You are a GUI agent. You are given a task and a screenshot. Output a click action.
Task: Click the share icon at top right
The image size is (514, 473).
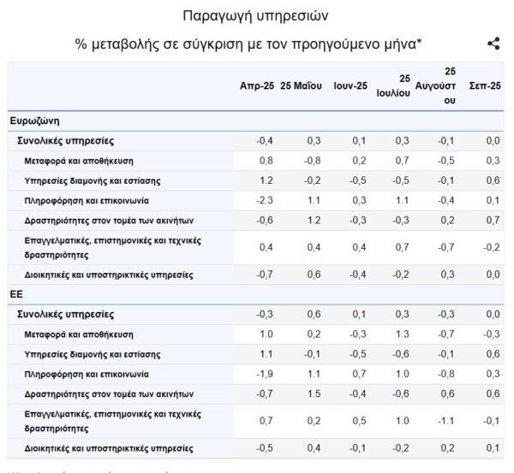click(x=493, y=44)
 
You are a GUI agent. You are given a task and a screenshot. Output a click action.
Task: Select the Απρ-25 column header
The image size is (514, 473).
click(x=257, y=86)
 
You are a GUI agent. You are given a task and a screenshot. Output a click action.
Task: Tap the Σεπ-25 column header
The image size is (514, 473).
click(x=485, y=86)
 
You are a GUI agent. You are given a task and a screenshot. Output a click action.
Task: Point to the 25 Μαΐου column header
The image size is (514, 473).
click(x=301, y=86)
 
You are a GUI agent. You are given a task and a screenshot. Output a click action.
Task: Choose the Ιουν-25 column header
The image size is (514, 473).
click(x=350, y=86)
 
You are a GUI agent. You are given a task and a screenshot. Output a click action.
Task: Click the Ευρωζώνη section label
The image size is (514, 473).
click(x=34, y=121)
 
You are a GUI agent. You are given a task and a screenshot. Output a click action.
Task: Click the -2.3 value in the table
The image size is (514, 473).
click(x=265, y=199)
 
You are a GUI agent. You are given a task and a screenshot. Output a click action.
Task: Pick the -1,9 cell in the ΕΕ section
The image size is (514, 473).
click(x=265, y=374)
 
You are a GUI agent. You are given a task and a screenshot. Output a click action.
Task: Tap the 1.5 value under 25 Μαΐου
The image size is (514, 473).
click(x=313, y=393)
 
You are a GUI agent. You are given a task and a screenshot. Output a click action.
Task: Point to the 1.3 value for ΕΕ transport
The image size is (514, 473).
click(x=402, y=334)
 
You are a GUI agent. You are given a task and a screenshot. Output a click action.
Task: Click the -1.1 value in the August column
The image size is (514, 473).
click(x=446, y=420)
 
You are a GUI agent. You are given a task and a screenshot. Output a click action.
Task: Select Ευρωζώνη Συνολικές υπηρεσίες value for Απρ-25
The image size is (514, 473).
click(x=265, y=140)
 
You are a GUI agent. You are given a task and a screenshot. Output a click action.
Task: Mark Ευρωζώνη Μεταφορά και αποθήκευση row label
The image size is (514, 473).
click(x=79, y=160)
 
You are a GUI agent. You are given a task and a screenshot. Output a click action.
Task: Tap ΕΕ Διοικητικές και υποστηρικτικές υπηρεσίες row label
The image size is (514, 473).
click(x=110, y=448)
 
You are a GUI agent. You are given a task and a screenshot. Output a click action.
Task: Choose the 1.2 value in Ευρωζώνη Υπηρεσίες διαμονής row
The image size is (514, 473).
click(x=266, y=180)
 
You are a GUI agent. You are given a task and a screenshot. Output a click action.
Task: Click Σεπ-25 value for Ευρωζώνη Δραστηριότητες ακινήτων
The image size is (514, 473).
click(x=492, y=219)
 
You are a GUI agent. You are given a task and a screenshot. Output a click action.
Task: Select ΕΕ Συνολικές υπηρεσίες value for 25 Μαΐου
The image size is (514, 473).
click(x=313, y=315)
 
